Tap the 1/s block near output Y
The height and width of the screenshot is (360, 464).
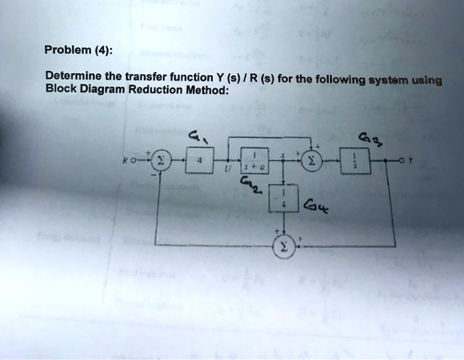(351, 161)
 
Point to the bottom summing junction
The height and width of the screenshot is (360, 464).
(283, 246)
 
